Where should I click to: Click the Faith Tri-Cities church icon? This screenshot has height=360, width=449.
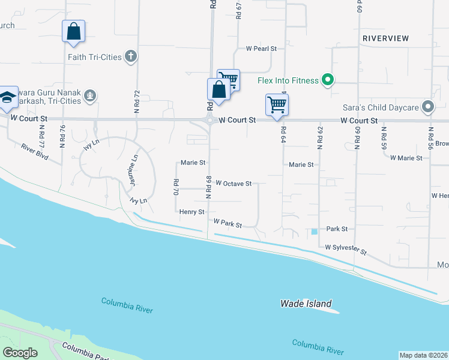[131, 57]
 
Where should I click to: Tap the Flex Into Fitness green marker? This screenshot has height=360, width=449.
[327, 80]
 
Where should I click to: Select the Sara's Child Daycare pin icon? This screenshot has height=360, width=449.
[428, 107]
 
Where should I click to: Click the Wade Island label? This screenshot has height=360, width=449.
[306, 304]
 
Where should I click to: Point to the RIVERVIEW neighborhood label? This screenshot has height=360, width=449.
[385, 38]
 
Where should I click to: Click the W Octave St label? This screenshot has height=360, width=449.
[233, 184]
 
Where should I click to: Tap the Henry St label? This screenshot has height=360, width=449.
[191, 212]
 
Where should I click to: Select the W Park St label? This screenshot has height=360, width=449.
[228, 224]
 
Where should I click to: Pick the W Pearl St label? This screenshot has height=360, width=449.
[261, 48]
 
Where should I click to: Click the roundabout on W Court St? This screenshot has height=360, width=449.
[209, 120]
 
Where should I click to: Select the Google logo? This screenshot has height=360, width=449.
[20, 353]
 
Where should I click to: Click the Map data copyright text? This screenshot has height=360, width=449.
[423, 355]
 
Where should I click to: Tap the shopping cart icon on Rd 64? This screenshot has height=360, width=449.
[277, 104]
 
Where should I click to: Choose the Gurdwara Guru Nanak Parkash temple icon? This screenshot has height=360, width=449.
[90, 95]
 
